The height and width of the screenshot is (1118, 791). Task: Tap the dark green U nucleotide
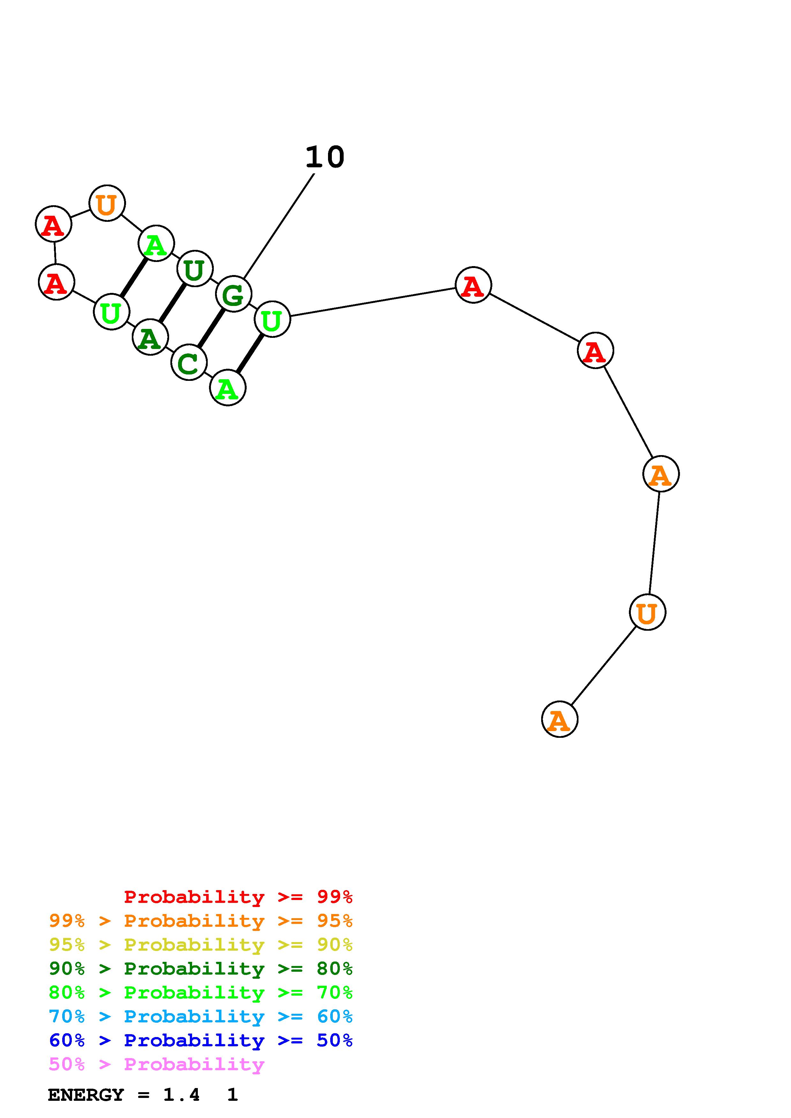point(194,269)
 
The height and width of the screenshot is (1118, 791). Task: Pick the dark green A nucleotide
point(150,337)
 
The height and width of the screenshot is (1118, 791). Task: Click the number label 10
point(325,157)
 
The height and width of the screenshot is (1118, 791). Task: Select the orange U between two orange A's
point(647,613)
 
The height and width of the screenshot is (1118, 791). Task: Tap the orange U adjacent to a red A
point(107,203)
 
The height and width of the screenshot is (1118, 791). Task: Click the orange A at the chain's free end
point(559,720)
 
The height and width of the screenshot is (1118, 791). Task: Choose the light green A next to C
point(228,388)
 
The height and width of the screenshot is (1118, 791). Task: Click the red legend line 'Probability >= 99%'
point(238,897)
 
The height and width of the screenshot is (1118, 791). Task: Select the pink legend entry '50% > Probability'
point(156,1064)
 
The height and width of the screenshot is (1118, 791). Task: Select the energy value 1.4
point(181,1095)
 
